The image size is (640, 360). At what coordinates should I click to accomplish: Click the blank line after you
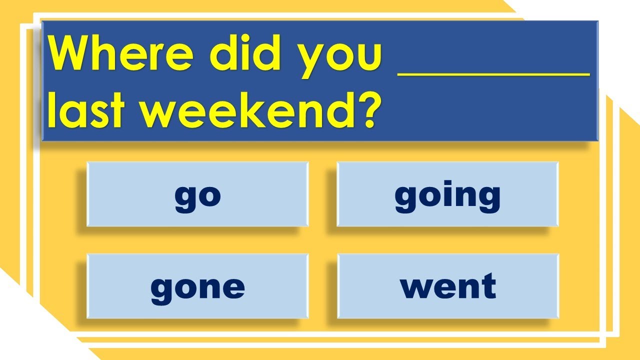(493, 75)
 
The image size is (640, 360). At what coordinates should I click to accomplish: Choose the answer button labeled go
(197, 194)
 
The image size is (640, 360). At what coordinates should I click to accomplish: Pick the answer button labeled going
(447, 194)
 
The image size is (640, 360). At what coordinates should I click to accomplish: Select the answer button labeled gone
(197, 286)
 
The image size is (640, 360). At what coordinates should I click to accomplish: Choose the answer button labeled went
(448, 286)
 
